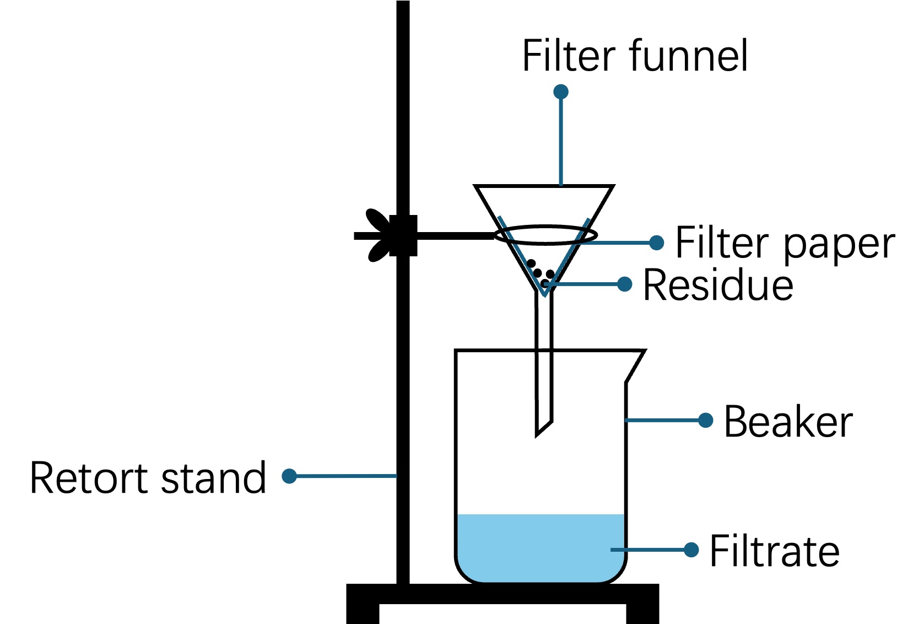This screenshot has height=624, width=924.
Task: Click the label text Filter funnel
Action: click(x=635, y=56)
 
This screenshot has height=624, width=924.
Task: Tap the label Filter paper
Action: click(x=785, y=243)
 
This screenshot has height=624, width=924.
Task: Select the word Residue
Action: click(x=718, y=285)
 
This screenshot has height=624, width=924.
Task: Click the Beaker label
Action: click(x=788, y=422)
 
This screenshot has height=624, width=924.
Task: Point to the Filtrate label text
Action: click(x=774, y=551)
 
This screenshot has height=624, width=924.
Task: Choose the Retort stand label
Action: click(x=148, y=477)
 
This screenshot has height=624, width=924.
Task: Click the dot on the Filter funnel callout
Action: click(x=560, y=92)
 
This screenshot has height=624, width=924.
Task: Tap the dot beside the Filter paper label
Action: click(x=656, y=243)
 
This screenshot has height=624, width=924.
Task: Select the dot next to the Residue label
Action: click(x=624, y=284)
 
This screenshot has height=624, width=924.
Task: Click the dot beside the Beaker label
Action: click(x=705, y=420)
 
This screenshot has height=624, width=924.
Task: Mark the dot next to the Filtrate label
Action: click(x=691, y=550)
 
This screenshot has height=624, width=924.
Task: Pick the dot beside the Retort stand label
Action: click(x=289, y=476)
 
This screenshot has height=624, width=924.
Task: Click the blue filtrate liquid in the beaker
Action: click(x=540, y=548)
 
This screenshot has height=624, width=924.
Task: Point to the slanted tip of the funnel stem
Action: click(x=543, y=427)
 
